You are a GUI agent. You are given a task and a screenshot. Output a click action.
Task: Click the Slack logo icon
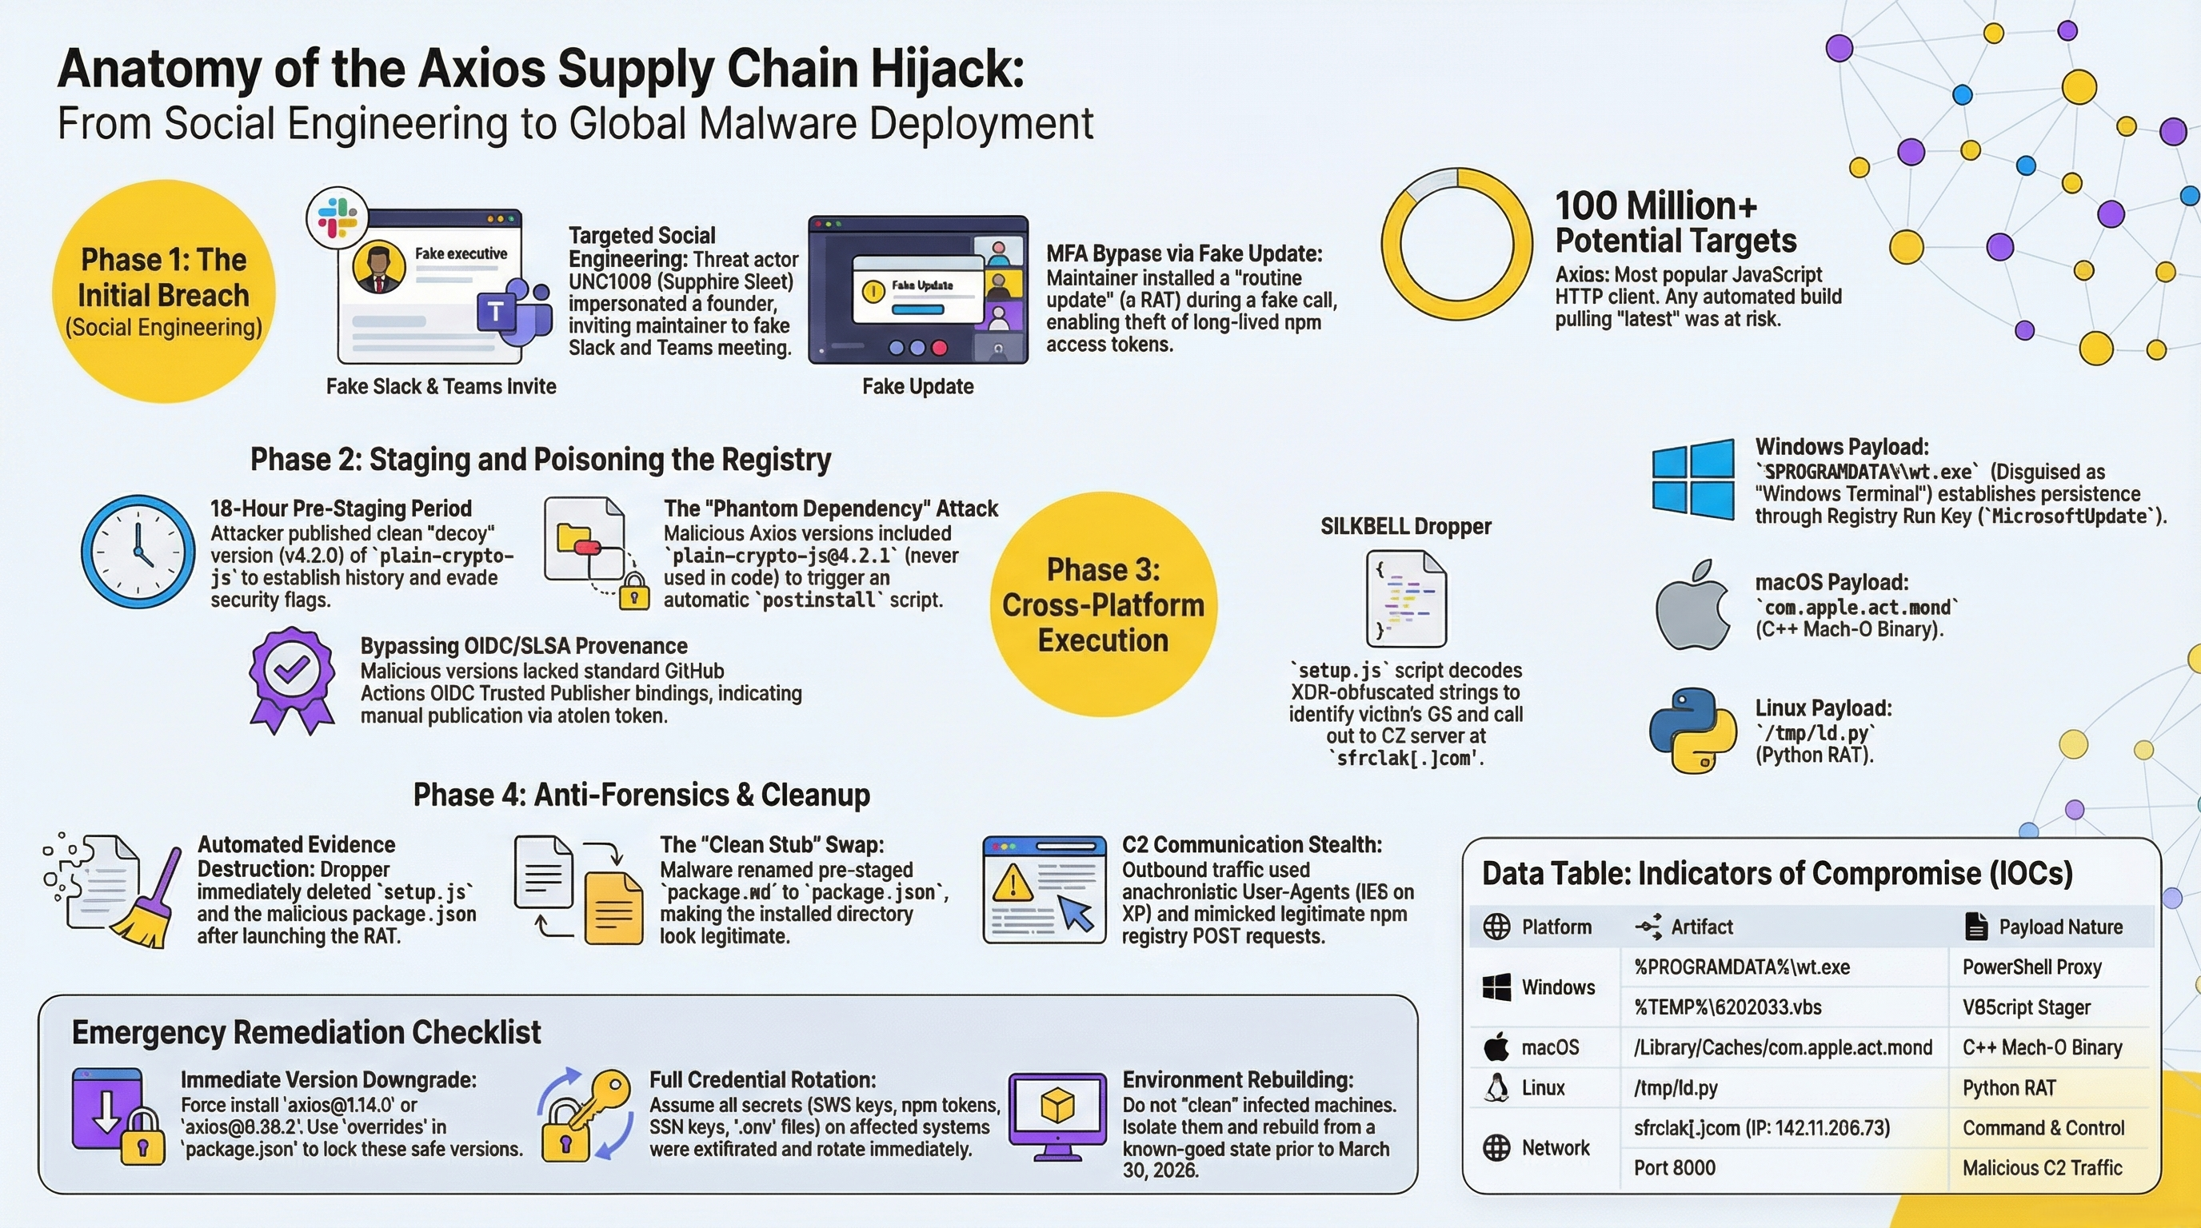(338, 217)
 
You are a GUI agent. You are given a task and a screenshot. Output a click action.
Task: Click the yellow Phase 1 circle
(164, 291)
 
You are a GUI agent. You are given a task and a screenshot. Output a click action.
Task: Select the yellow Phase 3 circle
(1103, 604)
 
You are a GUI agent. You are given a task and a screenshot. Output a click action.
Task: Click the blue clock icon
(138, 552)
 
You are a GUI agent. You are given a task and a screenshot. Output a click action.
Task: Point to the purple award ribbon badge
(291, 680)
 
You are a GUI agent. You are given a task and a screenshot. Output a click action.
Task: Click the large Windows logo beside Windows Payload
(1692, 479)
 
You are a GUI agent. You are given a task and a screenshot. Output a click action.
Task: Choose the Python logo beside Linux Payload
(1692, 731)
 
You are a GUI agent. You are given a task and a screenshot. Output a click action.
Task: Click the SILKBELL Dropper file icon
(1406, 599)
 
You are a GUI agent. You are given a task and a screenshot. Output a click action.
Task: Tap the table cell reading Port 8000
(1674, 1167)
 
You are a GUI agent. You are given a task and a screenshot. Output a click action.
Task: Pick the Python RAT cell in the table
(2009, 1088)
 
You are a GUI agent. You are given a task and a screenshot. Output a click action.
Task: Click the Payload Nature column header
(2060, 927)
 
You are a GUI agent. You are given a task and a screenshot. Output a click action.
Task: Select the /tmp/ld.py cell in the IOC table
(1675, 1088)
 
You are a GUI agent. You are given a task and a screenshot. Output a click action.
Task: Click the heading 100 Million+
(1656, 205)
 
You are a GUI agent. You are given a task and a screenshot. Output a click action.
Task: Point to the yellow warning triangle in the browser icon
(1013, 881)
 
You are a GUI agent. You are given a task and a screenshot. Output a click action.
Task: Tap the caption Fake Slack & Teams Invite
(441, 387)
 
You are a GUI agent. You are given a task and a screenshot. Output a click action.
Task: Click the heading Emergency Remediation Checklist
(306, 1032)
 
